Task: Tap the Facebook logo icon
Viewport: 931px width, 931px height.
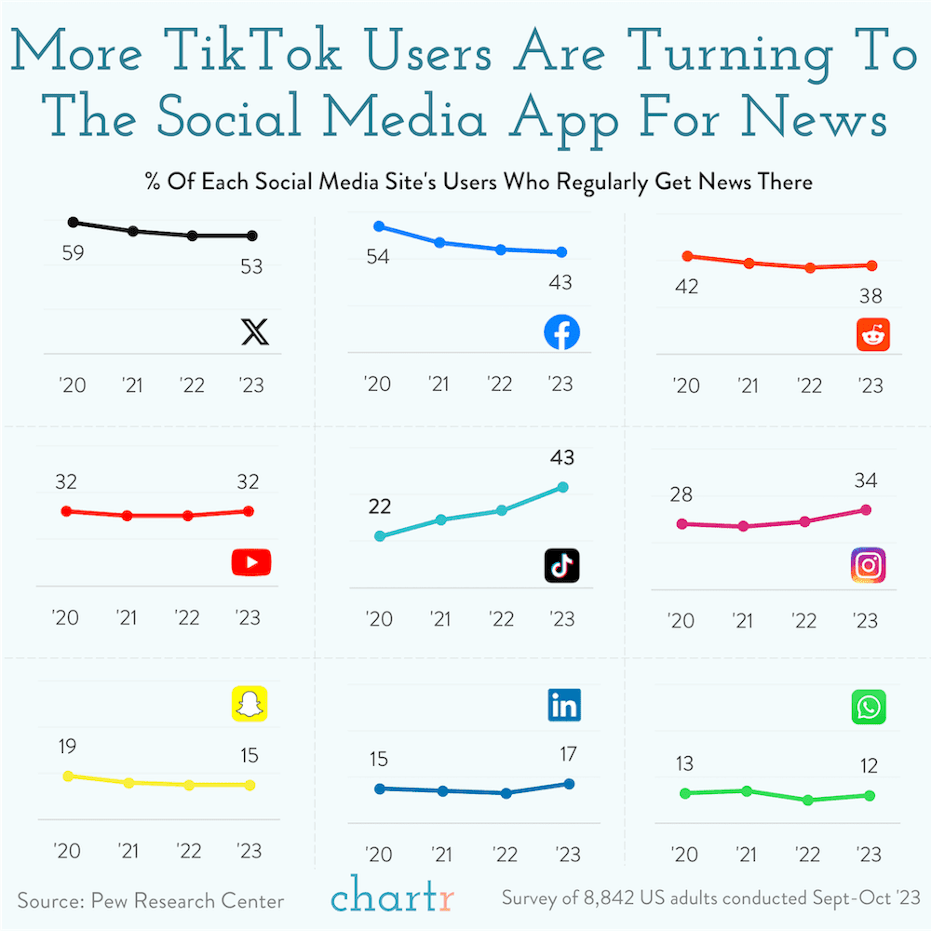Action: [x=562, y=332]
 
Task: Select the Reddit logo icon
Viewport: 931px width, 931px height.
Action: [x=873, y=334]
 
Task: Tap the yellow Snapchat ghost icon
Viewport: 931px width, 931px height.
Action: [x=249, y=704]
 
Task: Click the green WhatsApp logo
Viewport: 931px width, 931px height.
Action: [x=868, y=707]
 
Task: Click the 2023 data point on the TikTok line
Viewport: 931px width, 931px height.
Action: [x=562, y=487]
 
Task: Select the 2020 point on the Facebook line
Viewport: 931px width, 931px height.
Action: [x=379, y=226]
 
